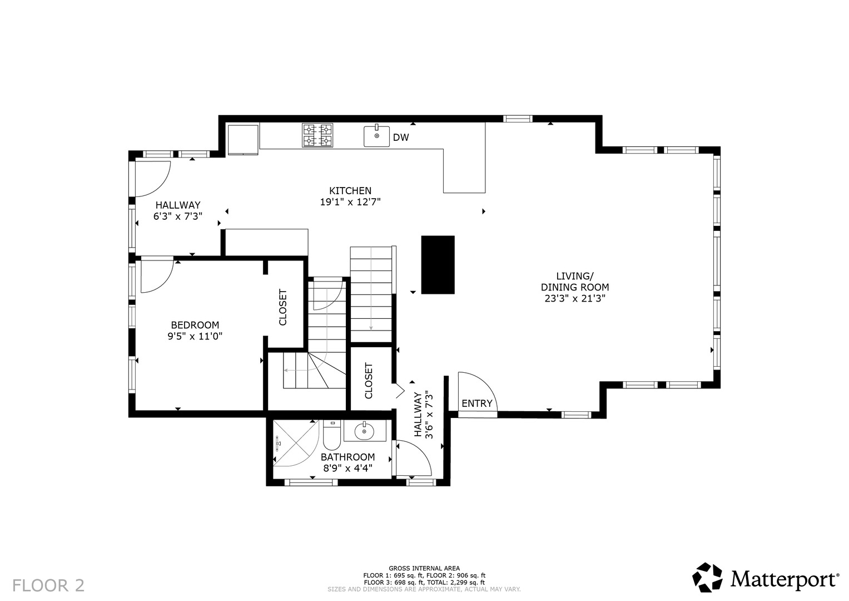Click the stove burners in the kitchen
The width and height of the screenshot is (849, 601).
coord(317,135)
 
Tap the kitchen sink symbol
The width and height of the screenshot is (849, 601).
coord(376,136)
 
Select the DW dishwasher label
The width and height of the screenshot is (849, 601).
coord(401,137)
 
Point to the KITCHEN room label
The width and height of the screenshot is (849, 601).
coord(350,190)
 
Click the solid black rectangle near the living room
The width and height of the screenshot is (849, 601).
coord(438,265)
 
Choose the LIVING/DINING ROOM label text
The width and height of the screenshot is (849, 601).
coord(574,282)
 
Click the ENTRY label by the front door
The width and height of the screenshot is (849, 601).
coord(477,403)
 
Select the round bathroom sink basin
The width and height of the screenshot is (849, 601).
coord(364,431)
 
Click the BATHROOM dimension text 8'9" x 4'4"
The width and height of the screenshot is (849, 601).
coord(347,468)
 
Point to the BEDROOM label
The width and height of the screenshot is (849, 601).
coord(195,325)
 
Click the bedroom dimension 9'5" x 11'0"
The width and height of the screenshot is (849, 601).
coord(195,336)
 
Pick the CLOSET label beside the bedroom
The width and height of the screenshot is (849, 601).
coord(283,307)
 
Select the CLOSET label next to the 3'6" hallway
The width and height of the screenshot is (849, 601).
coord(369,381)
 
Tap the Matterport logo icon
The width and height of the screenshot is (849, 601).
coord(707,578)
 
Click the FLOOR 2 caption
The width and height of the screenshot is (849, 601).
coord(48,585)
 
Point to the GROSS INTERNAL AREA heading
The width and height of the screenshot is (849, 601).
coord(424,568)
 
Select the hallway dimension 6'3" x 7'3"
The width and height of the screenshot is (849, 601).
coord(178,216)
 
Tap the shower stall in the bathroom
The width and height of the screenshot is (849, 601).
coord(296,443)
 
